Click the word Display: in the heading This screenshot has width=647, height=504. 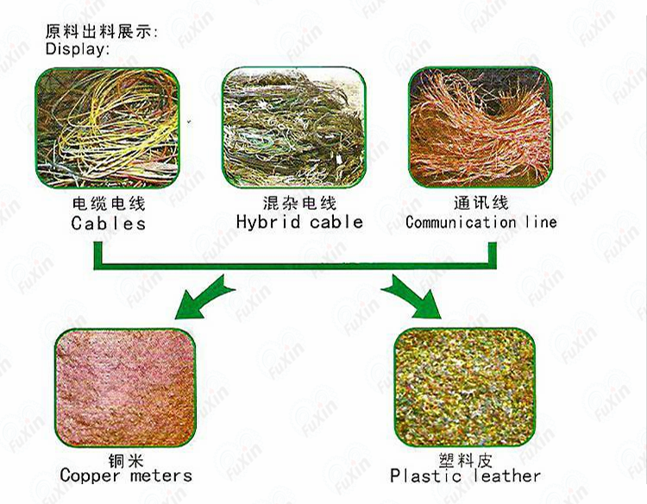78,49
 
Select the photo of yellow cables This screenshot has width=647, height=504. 108,128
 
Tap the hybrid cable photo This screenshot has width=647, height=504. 294,127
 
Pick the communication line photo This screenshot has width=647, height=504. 481,127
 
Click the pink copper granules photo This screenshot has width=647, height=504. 125,388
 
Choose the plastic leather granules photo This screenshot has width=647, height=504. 465,387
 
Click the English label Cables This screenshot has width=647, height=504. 108,224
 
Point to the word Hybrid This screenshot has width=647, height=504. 268,222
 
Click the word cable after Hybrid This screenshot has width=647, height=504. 336,222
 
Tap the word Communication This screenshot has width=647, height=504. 461,223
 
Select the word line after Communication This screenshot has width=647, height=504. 542,222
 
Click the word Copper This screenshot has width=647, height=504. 91,476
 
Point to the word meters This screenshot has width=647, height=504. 161,476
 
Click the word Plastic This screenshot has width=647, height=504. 425,476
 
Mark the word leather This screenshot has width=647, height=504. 507,476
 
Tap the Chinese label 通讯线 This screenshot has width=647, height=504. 481,203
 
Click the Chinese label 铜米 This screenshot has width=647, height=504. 126,461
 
